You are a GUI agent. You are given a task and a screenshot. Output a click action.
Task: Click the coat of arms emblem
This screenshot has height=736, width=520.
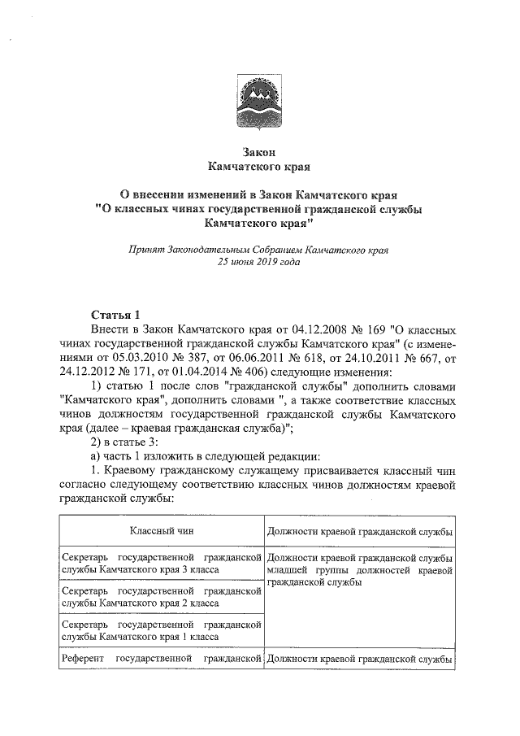(259, 102)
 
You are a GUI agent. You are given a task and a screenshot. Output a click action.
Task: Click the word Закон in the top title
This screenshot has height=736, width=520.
(259, 152)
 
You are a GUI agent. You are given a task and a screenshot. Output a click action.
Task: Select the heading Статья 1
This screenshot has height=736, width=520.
(115, 316)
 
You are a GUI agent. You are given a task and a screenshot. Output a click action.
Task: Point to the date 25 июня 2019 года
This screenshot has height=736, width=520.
(259, 263)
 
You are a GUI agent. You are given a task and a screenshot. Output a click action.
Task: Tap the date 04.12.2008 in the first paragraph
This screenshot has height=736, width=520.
(301, 330)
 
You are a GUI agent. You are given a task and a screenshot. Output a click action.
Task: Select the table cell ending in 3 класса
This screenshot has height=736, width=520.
(162, 564)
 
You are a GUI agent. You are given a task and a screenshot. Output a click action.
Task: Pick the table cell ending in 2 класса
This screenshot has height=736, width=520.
(162, 596)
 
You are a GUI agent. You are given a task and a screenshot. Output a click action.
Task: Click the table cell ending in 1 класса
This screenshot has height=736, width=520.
(162, 629)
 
